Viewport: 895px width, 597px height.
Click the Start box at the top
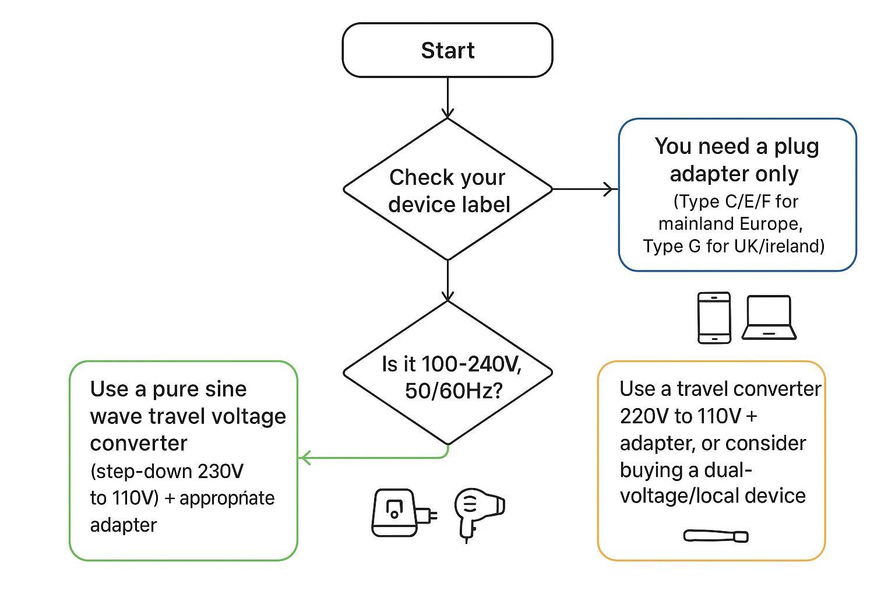447,50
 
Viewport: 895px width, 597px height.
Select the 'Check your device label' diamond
447,190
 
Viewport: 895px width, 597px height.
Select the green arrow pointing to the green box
373,458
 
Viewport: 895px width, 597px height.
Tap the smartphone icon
714,318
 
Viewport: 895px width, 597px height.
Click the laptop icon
769,318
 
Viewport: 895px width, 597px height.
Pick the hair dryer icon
478,513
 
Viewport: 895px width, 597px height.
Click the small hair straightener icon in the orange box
716,535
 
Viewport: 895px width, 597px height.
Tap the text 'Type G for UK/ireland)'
734,246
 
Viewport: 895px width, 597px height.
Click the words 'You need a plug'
737,146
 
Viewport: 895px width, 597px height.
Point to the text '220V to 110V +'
688,416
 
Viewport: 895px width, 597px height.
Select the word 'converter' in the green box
139,443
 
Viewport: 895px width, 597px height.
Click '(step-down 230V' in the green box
167,471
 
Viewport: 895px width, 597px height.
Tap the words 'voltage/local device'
712,496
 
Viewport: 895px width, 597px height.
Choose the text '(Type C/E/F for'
735,202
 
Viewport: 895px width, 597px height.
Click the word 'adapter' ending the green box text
124,525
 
